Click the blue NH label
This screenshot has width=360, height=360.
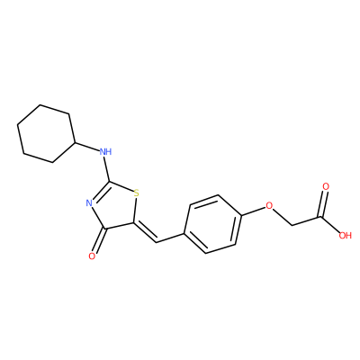105,151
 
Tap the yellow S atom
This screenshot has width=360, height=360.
137,193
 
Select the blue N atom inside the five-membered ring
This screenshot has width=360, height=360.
89,203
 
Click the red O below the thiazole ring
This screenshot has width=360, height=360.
92,256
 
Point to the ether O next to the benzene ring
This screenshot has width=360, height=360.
269,205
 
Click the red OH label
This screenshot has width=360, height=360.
345,235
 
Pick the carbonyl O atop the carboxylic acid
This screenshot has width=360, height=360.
326,186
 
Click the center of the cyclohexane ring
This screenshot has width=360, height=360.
46,134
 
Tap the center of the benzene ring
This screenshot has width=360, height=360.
212,224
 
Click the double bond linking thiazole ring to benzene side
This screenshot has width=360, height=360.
145,233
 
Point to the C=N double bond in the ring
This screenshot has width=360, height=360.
100,191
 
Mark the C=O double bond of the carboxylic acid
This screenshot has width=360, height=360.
323,203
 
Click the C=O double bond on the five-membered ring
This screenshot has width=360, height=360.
99,240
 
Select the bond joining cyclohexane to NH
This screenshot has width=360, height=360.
86,146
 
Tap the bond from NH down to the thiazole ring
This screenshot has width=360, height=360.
106,168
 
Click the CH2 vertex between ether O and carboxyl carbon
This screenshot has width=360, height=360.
292,224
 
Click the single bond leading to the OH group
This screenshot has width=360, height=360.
330,223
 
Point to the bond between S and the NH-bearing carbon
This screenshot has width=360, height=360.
121,186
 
